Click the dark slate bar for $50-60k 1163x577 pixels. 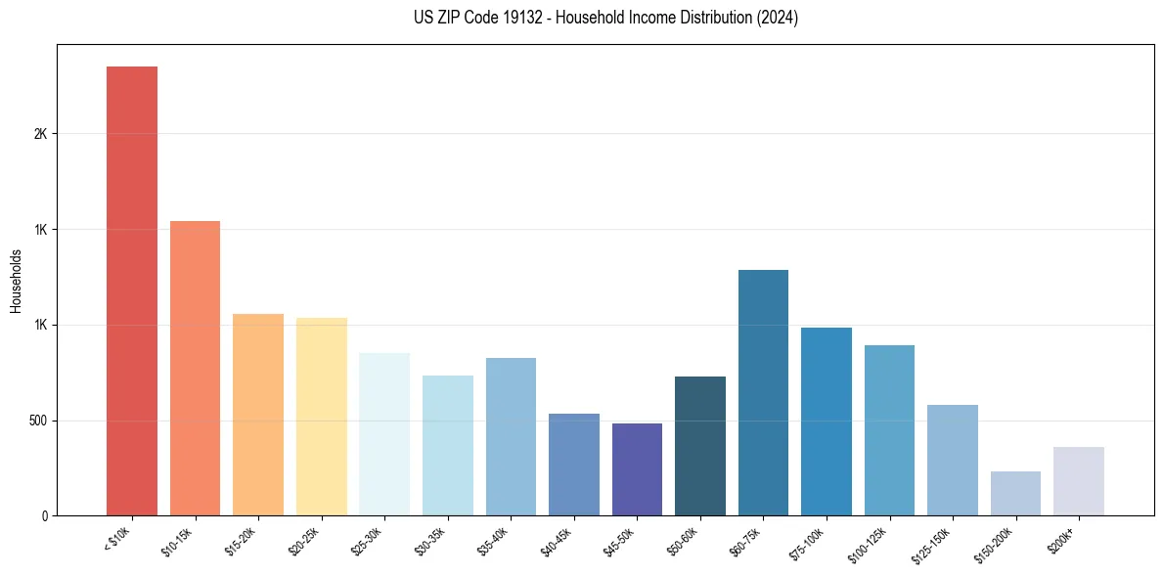700,446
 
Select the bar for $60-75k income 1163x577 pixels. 763,392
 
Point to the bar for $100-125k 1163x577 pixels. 889,430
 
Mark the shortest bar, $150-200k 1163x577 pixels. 1015,494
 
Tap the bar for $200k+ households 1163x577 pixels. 1079,481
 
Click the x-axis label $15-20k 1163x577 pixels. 242,542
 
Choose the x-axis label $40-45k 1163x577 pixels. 558,542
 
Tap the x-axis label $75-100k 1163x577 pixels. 808,544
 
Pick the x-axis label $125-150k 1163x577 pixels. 933,545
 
